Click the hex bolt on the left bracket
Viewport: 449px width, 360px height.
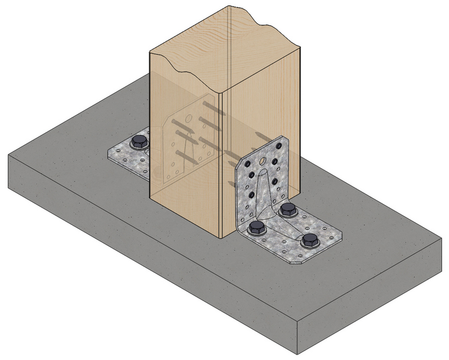click(138, 142)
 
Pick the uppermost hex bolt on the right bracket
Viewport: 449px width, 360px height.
click(288, 210)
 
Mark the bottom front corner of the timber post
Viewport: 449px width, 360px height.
click(222, 238)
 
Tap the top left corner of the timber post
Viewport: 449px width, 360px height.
click(149, 53)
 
